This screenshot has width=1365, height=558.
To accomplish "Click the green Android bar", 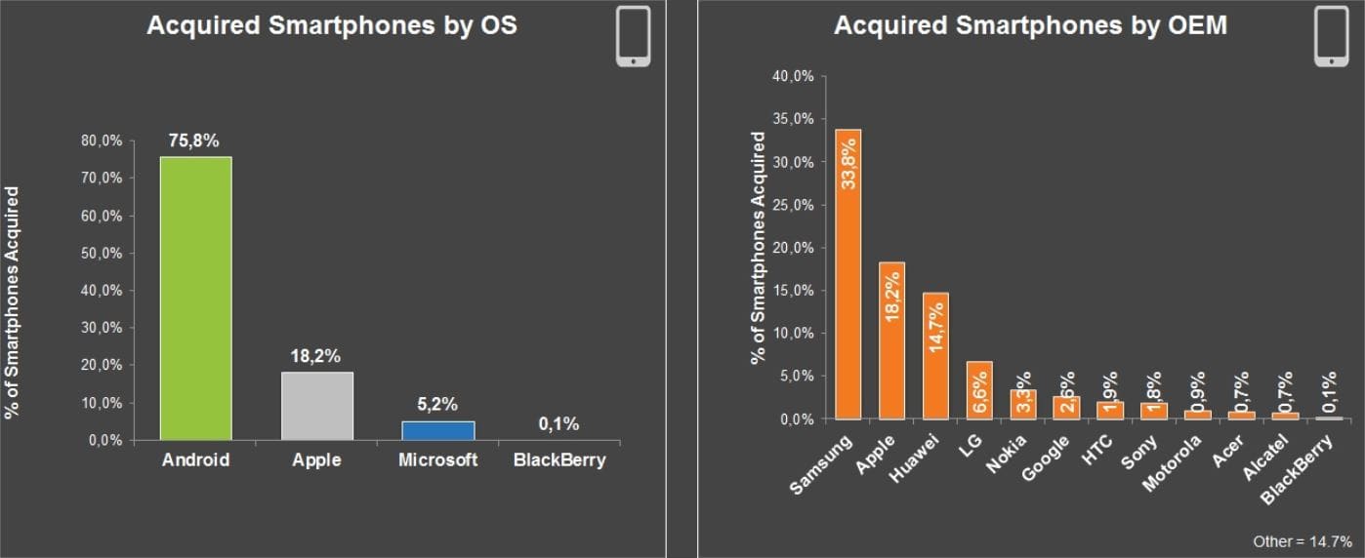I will coord(195,298).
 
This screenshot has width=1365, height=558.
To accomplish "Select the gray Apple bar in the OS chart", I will coord(317,406).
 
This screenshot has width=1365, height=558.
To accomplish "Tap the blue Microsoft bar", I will coord(438,430).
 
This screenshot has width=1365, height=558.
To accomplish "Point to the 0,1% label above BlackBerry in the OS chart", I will coord(558,423).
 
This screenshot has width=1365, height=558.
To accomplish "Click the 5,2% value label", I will coord(438,404).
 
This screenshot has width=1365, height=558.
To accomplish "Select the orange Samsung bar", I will coord(848,273).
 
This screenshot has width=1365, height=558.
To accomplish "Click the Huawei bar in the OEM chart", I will coord(935,356).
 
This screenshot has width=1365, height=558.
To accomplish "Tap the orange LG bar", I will coord(979,390).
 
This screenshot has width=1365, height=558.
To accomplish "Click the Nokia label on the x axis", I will coord(1005,454).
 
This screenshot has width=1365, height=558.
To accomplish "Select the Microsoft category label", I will coord(438,460).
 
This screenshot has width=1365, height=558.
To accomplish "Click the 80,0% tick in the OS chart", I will coord(103,140).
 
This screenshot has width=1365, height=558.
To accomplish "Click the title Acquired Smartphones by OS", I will coord(332,26).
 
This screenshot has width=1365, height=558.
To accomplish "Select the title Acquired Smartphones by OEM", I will coord(1030,26).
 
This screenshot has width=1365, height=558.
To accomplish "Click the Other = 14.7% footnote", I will coord(1303,540).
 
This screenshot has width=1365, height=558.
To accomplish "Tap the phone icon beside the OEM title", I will coord(1331,36).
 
